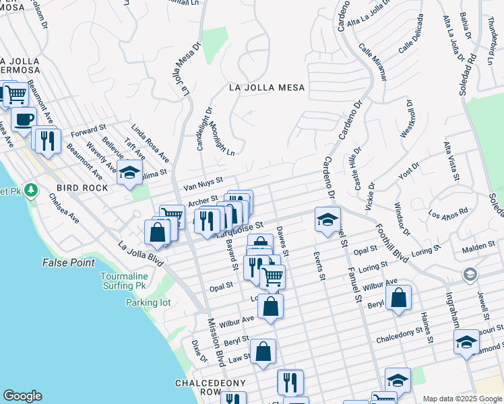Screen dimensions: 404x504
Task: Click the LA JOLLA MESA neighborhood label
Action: coord(267,88)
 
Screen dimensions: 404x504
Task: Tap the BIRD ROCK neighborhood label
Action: coord(82,188)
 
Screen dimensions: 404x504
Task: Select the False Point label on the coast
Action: coord(69,263)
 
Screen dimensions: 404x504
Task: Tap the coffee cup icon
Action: coord(24,119)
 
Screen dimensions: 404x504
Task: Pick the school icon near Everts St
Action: coord(327,220)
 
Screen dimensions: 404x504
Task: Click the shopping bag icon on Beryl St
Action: coord(399,298)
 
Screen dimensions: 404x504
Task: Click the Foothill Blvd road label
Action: coord(392,243)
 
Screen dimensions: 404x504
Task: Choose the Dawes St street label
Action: coord(282,241)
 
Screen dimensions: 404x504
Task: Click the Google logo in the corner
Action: coord(22,396)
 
